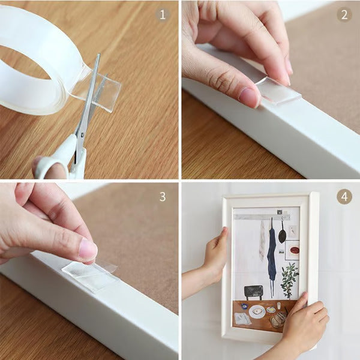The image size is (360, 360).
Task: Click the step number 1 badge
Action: pos(163,14)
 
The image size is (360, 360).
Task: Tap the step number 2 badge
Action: pos(344,14)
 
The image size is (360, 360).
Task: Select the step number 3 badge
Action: pos(163,196)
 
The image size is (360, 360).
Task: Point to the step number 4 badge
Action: pos(344,196)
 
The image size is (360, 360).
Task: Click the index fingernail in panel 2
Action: pos(248,96)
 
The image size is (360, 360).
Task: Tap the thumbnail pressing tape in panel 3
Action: pos(88,249)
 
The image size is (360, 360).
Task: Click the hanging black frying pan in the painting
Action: pos(282,234)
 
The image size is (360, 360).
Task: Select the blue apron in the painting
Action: pos(272,252)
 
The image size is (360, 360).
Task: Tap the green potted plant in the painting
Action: pos(290,279)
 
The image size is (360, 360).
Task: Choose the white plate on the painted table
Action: pos(257,311)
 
